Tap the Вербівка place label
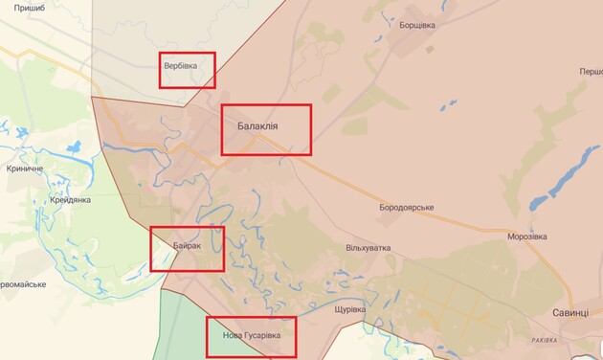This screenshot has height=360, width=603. (183, 66)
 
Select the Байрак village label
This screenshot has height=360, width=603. (188, 246)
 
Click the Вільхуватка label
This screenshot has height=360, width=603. (368, 248)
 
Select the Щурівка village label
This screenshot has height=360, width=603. (350, 309)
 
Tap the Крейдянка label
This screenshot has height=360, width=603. (69, 199)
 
